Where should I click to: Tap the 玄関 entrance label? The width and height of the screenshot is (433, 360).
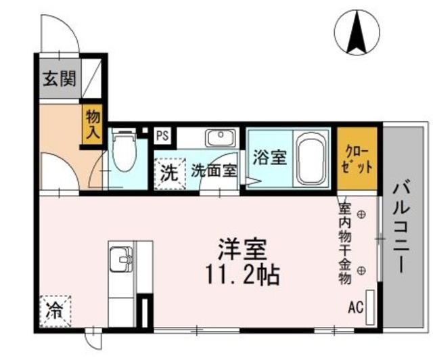pos(60,78)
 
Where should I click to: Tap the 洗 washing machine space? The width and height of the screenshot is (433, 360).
pos(168,171)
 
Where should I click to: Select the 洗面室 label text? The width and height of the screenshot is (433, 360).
pos(213,171)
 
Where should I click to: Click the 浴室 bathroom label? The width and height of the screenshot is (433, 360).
pos(269,158)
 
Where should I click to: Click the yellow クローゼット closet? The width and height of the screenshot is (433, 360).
pos(357,159)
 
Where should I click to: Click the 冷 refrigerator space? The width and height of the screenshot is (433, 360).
pos(53,312)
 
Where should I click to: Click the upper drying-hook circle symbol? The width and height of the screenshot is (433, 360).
pos(361,215)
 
